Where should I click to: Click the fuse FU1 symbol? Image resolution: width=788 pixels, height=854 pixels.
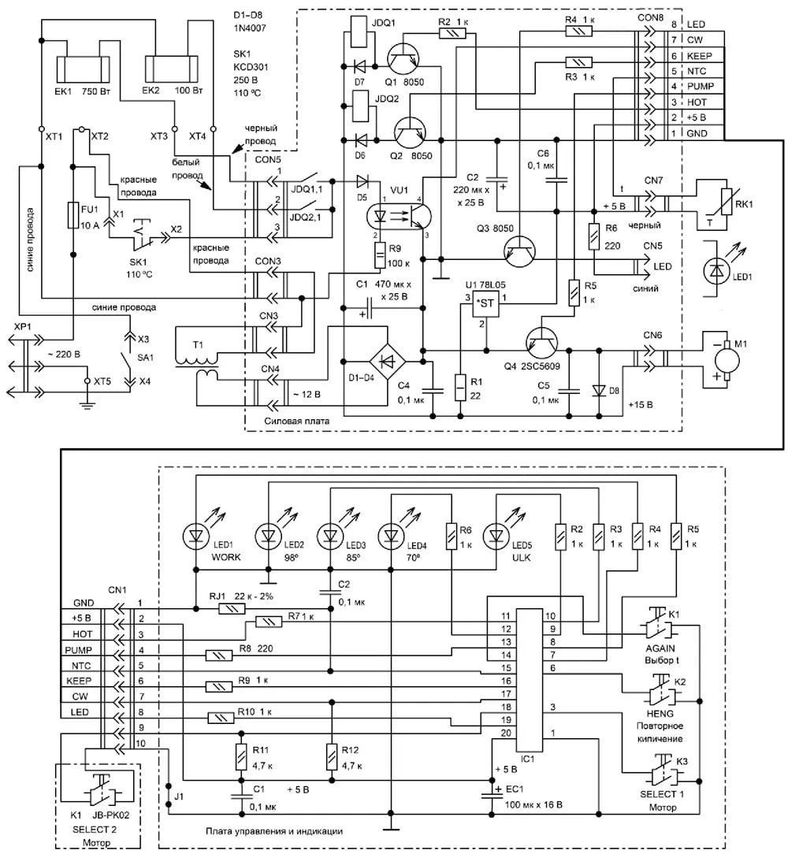73,215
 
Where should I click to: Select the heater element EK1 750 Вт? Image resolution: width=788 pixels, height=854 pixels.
84,69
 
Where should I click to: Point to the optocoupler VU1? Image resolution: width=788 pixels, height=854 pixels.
400,216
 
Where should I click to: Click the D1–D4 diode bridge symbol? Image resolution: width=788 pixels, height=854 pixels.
387,361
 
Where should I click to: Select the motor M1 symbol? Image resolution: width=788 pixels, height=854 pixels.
727,360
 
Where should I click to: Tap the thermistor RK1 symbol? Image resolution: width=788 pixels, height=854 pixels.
727,204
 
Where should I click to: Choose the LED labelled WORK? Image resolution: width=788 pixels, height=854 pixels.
196,537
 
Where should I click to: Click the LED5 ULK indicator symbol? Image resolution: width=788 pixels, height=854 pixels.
496,537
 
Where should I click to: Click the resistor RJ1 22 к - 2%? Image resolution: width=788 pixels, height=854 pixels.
232,608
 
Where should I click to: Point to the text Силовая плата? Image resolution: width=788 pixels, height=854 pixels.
296,421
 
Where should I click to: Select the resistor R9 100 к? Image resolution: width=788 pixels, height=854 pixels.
380,255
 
